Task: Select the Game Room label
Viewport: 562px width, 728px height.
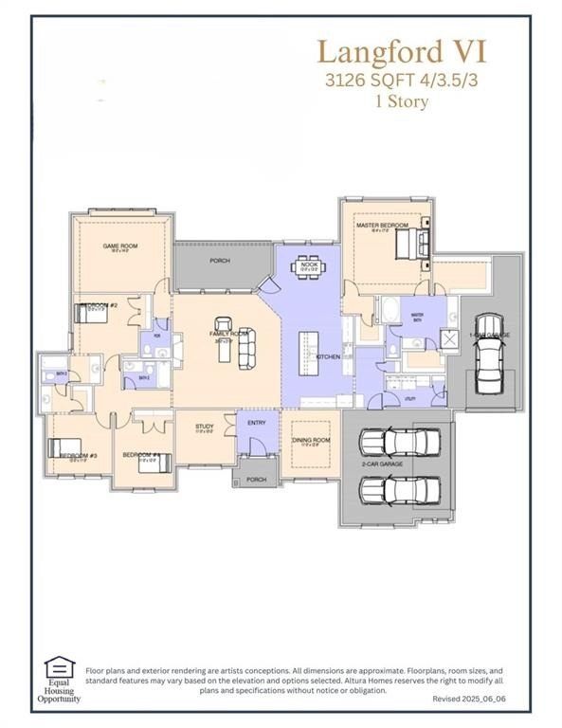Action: pos(120,246)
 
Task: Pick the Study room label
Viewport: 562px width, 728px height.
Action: pos(204,428)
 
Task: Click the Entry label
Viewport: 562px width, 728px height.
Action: pos(257,423)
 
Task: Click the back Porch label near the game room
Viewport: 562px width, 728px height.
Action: pos(220,261)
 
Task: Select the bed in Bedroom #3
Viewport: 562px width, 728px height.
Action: pos(71,447)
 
